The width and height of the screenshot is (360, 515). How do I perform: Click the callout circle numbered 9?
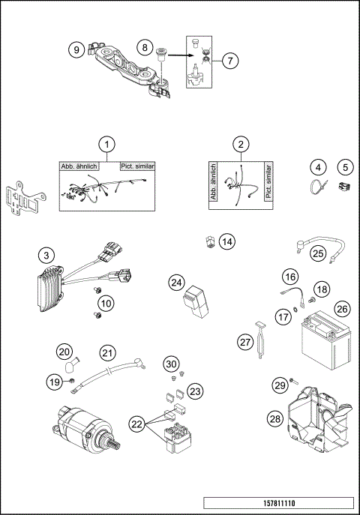pyautogui.click(x=75, y=49)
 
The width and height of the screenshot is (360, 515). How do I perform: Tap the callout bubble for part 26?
pyautogui.click(x=341, y=307)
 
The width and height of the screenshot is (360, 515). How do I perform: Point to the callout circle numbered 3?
pyautogui.click(x=46, y=256)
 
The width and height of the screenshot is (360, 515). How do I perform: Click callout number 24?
pyautogui.click(x=176, y=282)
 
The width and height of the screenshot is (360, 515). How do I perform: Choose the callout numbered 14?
pyautogui.click(x=226, y=241)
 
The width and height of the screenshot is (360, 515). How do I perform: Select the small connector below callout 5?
pyautogui.click(x=345, y=188)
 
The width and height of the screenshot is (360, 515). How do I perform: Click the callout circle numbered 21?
pyautogui.click(x=109, y=351)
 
